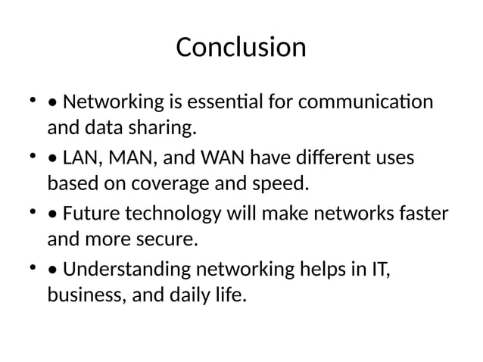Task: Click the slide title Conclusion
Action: [241, 47]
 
